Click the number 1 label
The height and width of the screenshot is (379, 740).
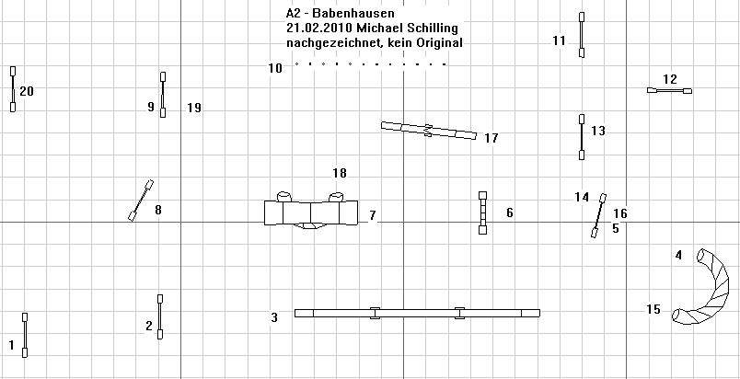(12, 346)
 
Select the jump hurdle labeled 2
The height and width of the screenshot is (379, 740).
(160, 316)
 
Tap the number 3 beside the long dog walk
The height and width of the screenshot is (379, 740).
(274, 317)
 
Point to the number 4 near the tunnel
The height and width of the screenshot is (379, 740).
(678, 256)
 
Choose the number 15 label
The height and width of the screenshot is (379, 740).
(653, 310)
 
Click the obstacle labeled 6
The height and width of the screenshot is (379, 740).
(482, 212)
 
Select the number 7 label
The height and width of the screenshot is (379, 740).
(373, 215)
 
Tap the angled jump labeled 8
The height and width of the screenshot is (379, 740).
(141, 200)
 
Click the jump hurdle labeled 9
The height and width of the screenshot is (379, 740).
(163, 94)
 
